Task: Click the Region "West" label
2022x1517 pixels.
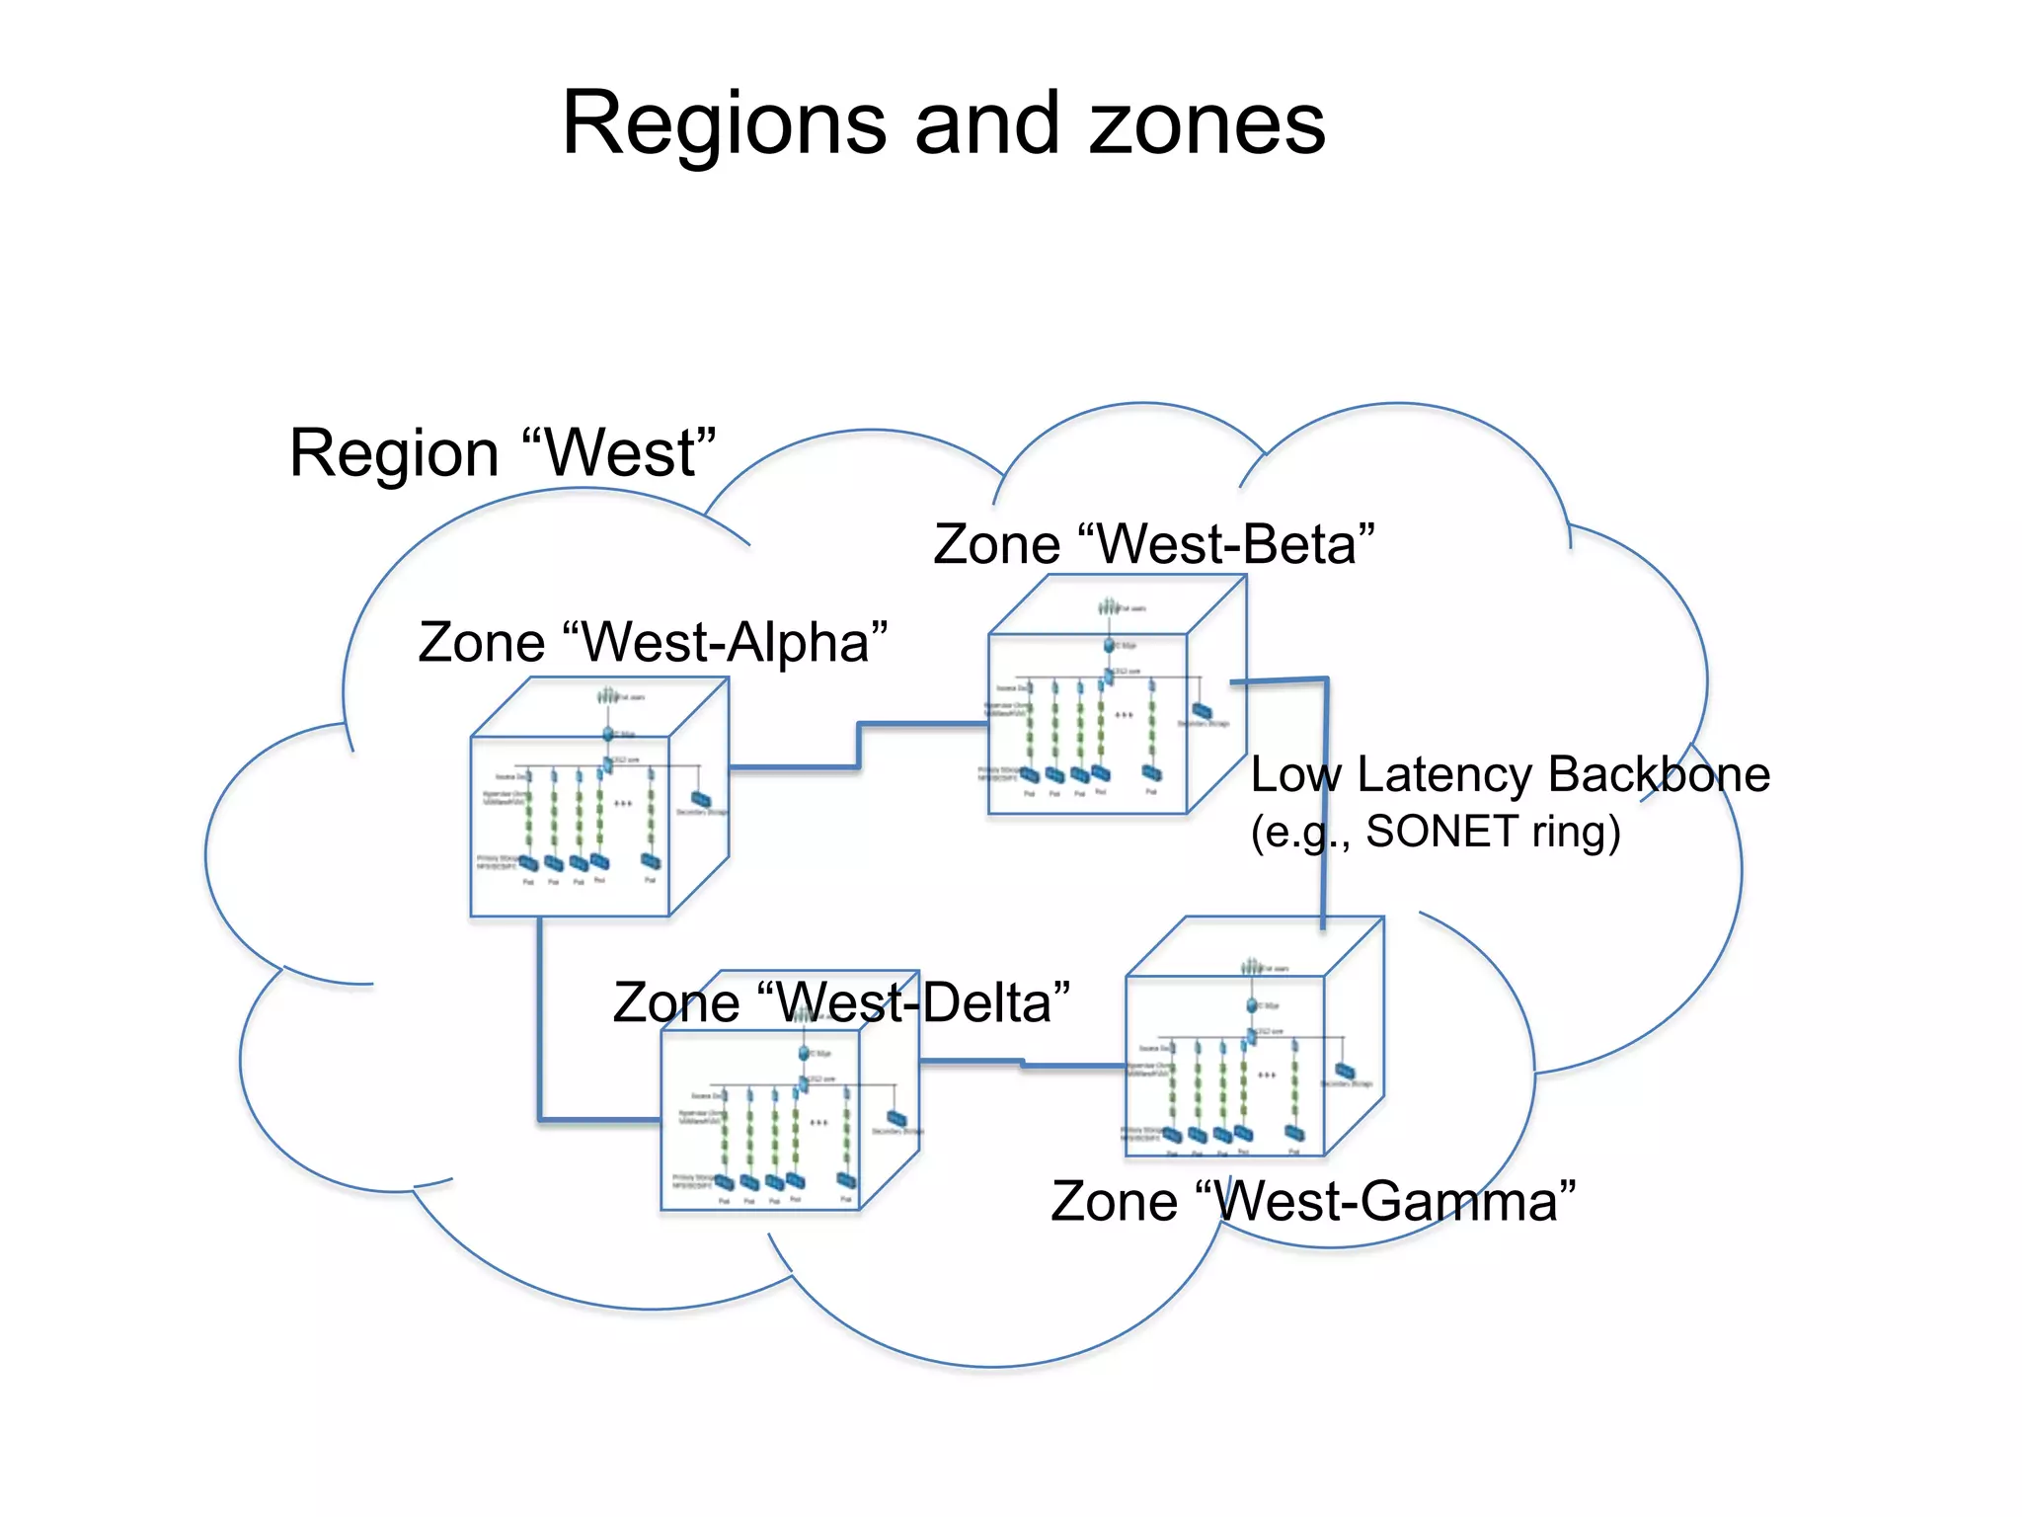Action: pyautogui.click(x=502, y=453)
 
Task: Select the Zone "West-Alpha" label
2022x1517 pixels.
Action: pyautogui.click(x=653, y=642)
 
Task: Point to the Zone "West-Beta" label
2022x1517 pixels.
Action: pyautogui.click(x=1153, y=544)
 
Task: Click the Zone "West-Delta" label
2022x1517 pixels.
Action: pyautogui.click(x=841, y=1002)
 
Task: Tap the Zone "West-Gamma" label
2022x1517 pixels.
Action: pyautogui.click(x=1312, y=1202)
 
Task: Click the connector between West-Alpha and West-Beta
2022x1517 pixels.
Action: pyautogui.click(x=859, y=747)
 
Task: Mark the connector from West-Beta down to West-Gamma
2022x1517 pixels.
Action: pyautogui.click(x=1325, y=790)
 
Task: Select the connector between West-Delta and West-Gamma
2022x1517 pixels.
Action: pyautogui.click(x=1022, y=1064)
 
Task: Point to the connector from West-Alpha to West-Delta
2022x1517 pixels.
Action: pyautogui.click(x=540, y=1027)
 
